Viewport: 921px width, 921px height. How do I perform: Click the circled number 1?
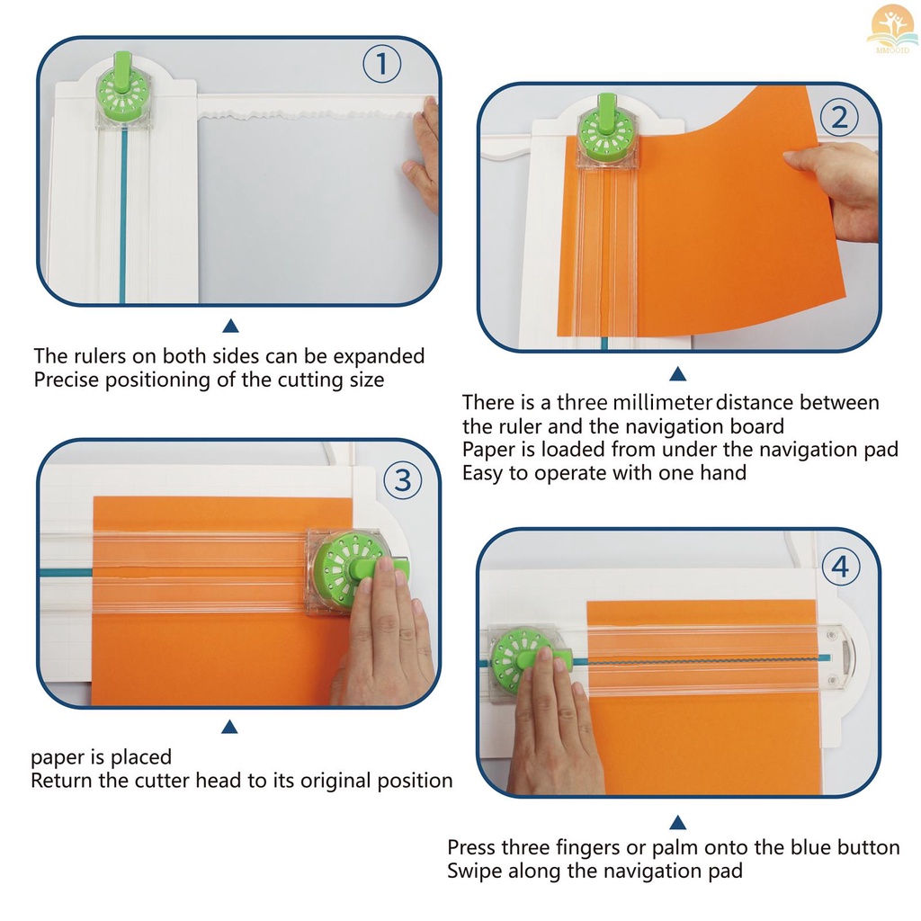click(x=381, y=65)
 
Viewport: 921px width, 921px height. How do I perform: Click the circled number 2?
click(x=840, y=118)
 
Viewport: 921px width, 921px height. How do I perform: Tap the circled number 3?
click(x=403, y=481)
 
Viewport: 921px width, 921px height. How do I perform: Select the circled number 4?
click(x=840, y=568)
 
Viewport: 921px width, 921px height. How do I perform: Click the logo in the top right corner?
click(x=891, y=28)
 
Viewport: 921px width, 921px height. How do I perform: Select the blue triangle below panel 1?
click(x=230, y=326)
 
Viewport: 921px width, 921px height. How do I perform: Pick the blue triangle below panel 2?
click(x=678, y=373)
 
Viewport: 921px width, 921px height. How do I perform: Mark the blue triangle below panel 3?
click(x=230, y=727)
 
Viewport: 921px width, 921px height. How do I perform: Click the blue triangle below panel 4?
click(x=678, y=821)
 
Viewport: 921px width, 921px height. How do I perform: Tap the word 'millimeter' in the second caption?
click(x=662, y=402)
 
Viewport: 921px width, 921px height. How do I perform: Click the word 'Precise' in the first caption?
click(x=68, y=380)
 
